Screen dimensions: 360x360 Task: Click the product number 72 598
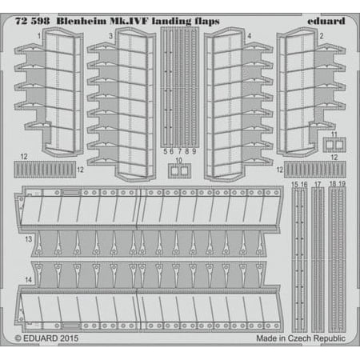click(32, 21)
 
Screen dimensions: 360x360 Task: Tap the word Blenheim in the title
click(82, 21)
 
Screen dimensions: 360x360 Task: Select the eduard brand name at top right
click(326, 21)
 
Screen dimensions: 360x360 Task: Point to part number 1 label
click(39, 36)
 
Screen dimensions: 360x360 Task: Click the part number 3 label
click(110, 36)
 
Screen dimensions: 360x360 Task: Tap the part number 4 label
click(250, 36)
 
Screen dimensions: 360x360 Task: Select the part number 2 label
click(322, 36)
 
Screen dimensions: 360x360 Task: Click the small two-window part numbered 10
click(179, 170)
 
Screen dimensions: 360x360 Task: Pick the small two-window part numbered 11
click(334, 145)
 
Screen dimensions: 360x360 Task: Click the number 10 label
click(178, 160)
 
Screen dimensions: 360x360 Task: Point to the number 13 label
click(28, 239)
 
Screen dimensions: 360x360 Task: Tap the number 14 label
click(28, 280)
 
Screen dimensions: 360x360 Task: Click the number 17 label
click(318, 184)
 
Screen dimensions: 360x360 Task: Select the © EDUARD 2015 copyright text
click(46, 338)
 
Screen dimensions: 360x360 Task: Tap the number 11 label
click(334, 134)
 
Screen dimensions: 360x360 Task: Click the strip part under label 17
click(318, 259)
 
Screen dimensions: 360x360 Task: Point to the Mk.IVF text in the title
click(129, 21)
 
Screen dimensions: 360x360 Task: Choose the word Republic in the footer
click(330, 338)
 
